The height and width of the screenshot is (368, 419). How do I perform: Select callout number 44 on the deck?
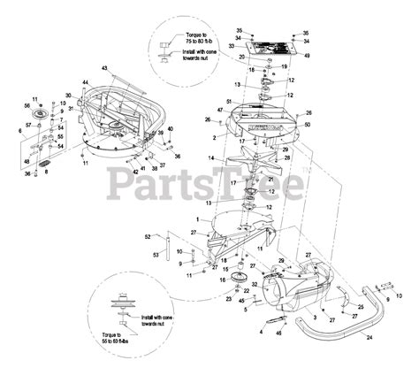click(86, 82)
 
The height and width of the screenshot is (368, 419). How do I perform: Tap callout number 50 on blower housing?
click(308, 126)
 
